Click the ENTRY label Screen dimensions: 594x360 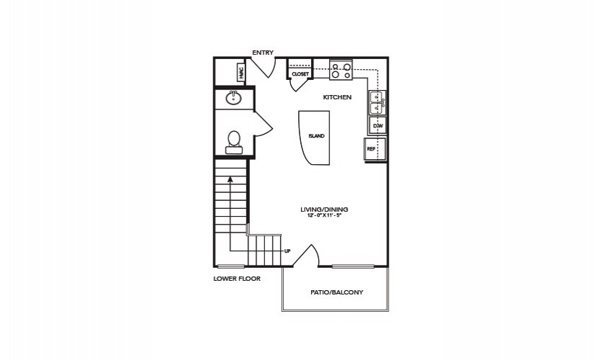(263, 53)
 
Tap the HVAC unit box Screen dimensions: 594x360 (241, 73)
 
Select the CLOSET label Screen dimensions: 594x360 (300, 74)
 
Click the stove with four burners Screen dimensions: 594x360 (341, 70)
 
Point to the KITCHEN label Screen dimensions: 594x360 (337, 97)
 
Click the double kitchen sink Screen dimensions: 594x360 (377, 103)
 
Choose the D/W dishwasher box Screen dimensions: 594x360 (378, 125)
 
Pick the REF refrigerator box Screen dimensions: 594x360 (375, 149)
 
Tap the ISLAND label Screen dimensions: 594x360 (316, 136)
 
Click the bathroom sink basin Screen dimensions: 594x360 (234, 98)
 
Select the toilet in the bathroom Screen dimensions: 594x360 (234, 143)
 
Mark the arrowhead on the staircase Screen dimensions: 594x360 (230, 179)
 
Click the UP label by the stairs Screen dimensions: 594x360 (287, 251)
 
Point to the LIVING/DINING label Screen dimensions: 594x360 (324, 210)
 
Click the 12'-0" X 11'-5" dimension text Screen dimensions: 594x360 (324, 215)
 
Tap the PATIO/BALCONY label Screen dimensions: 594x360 (337, 292)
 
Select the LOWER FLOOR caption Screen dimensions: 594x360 (237, 279)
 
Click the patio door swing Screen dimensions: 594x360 (306, 256)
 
